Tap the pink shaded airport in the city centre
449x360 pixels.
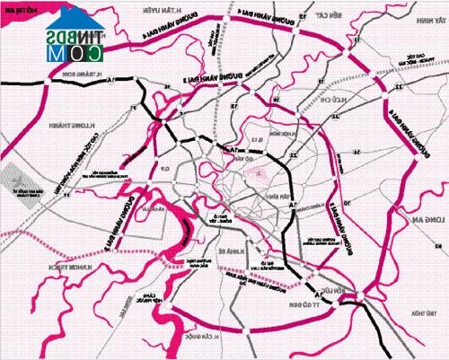(260, 171)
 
